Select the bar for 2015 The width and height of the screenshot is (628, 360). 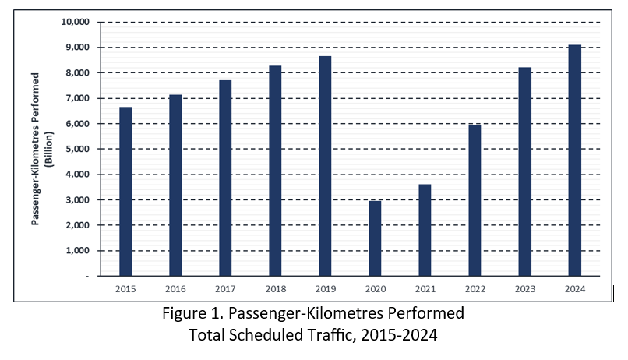pos(125,192)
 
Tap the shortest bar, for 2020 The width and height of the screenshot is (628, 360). pos(375,238)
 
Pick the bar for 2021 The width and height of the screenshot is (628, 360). pos(425,230)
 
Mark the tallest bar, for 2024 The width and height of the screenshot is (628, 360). pos(574,161)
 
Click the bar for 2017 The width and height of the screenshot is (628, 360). pos(225,178)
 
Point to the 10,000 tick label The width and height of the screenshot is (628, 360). pos(76,22)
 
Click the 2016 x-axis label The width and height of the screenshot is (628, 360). pos(175,289)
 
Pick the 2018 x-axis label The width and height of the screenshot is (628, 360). pos(275,289)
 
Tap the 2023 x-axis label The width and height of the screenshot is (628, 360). pos(524,289)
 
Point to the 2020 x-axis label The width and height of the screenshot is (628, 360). pos(375,289)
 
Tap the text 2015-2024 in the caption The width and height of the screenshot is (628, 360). pos(397,336)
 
